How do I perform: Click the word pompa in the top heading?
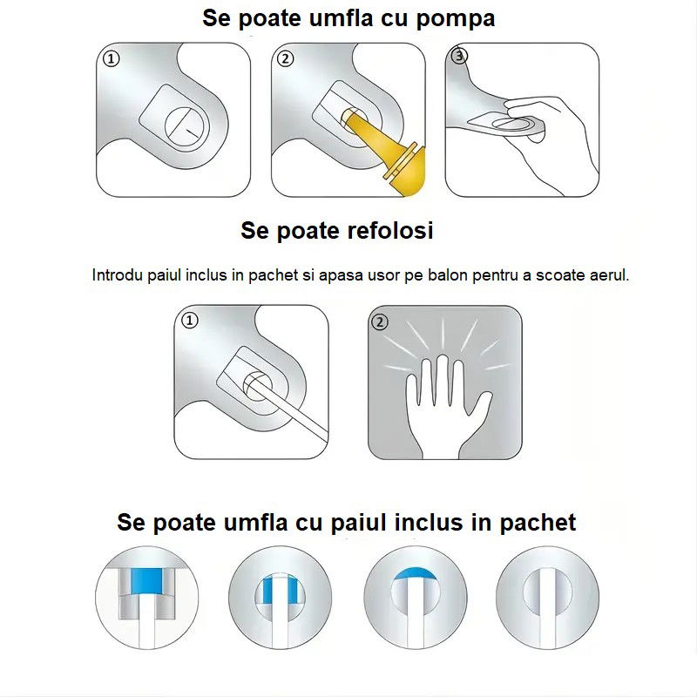point(453,19)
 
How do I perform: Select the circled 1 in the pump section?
point(110,59)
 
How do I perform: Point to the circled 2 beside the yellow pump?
point(287,59)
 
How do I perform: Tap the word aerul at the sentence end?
point(606,275)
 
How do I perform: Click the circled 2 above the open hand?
point(380,321)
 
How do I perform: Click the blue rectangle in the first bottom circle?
point(146,578)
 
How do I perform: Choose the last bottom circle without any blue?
point(547,597)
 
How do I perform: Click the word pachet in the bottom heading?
point(538,523)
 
